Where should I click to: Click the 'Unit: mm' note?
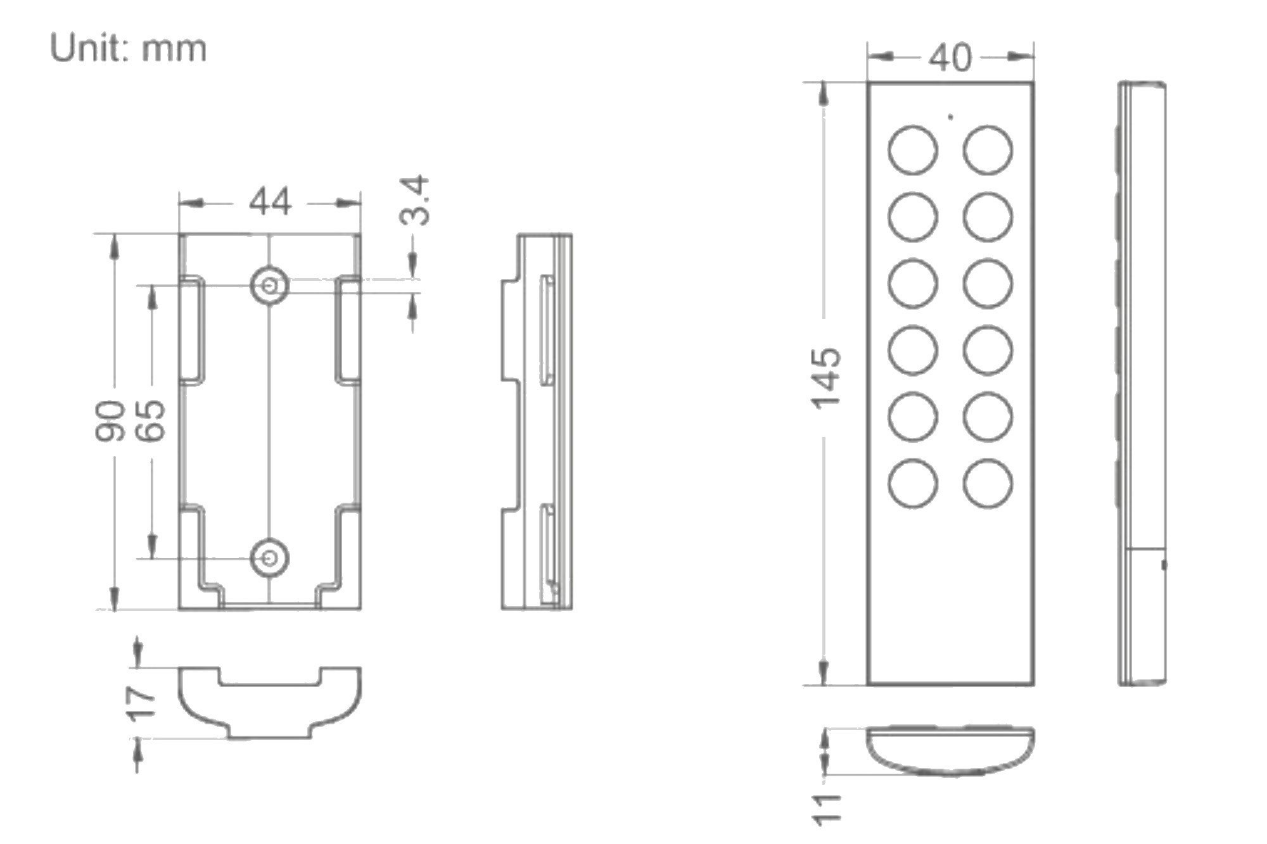(128, 48)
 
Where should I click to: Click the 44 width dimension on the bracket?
(271, 202)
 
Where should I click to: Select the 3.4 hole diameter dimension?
(416, 201)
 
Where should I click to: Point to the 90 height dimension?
(110, 420)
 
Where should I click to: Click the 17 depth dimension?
(141, 703)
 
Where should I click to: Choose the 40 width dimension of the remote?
(950, 58)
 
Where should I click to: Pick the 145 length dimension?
(827, 378)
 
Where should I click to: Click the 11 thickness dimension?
(827, 809)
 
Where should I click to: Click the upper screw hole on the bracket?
(270, 286)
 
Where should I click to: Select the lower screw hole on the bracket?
(270, 558)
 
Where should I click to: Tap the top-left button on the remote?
(912, 150)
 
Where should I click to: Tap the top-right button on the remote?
(988, 150)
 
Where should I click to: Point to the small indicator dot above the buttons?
(950, 117)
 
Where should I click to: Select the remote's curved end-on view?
(950, 752)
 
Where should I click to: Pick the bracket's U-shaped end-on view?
(270, 702)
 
